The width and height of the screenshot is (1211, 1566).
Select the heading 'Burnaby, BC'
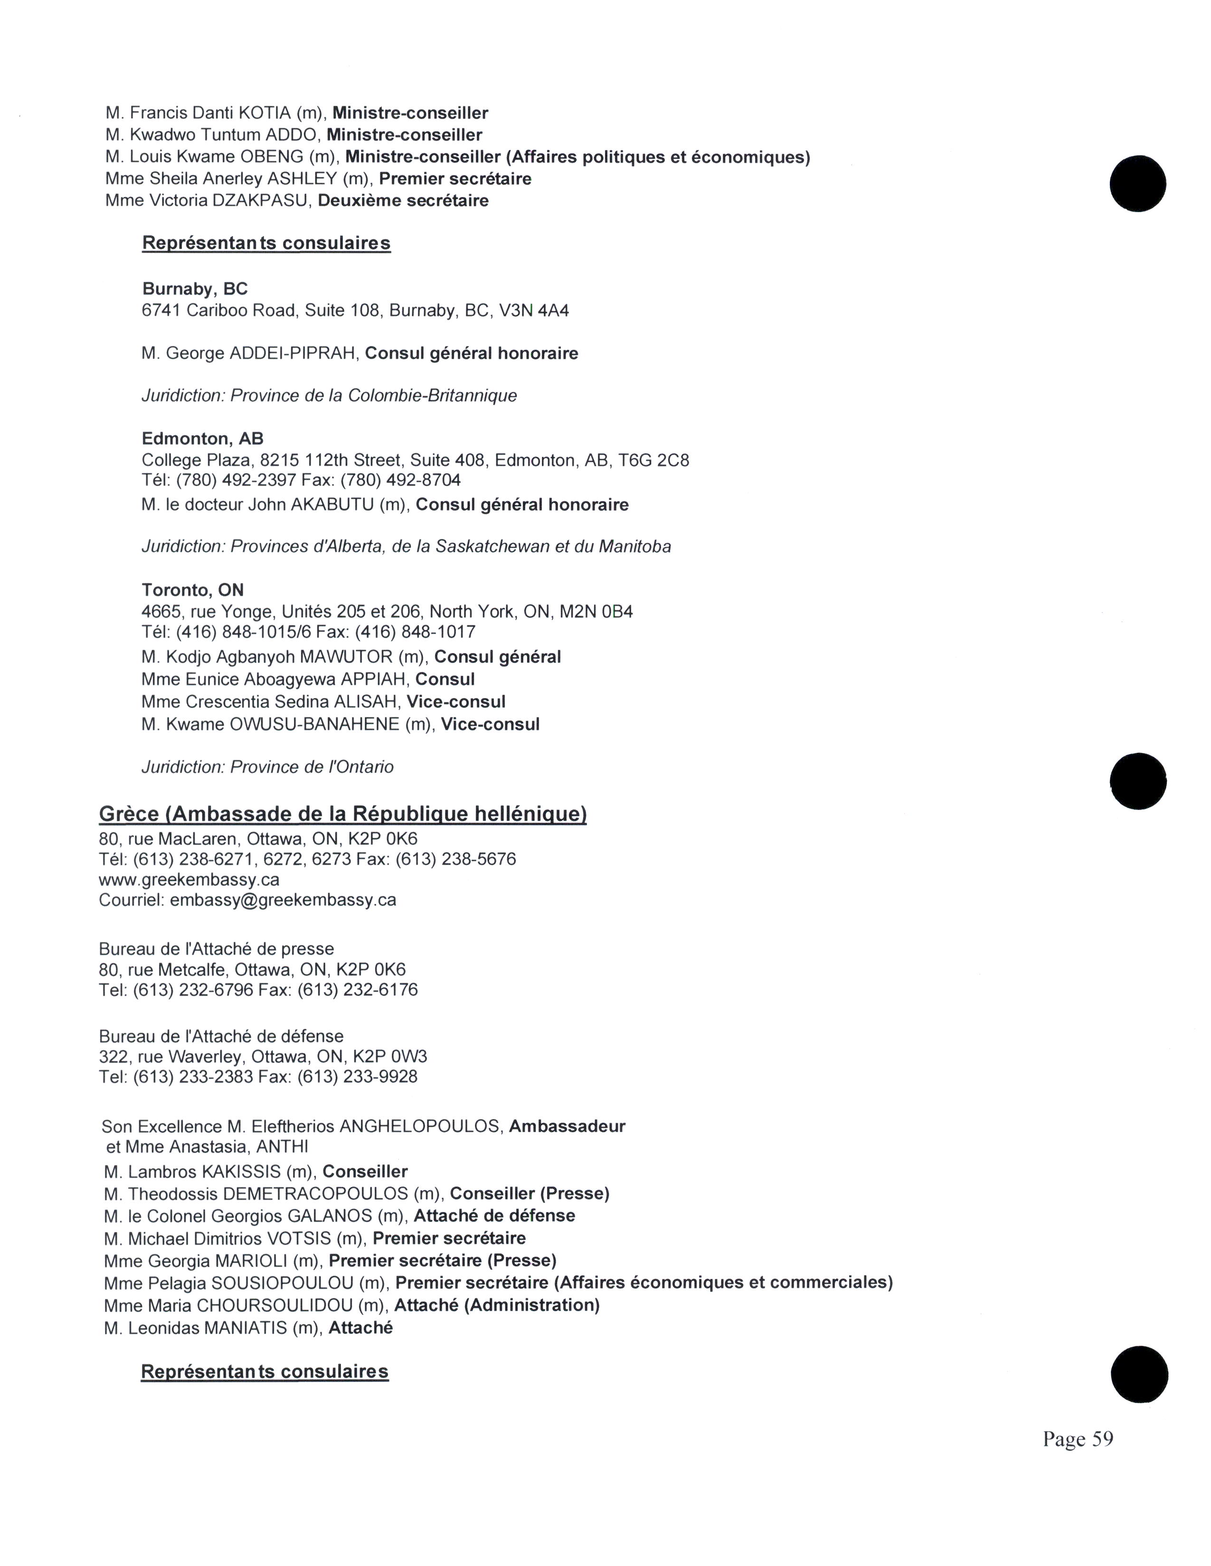point(195,289)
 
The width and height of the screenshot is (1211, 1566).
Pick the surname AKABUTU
point(332,505)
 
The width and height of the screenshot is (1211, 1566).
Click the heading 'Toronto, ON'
point(192,590)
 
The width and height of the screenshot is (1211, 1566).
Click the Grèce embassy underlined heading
point(343,814)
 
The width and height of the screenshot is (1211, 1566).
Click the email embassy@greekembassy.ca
point(283,900)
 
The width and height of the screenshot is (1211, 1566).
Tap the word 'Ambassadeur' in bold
point(567,1127)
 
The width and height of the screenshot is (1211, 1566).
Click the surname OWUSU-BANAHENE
point(314,724)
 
